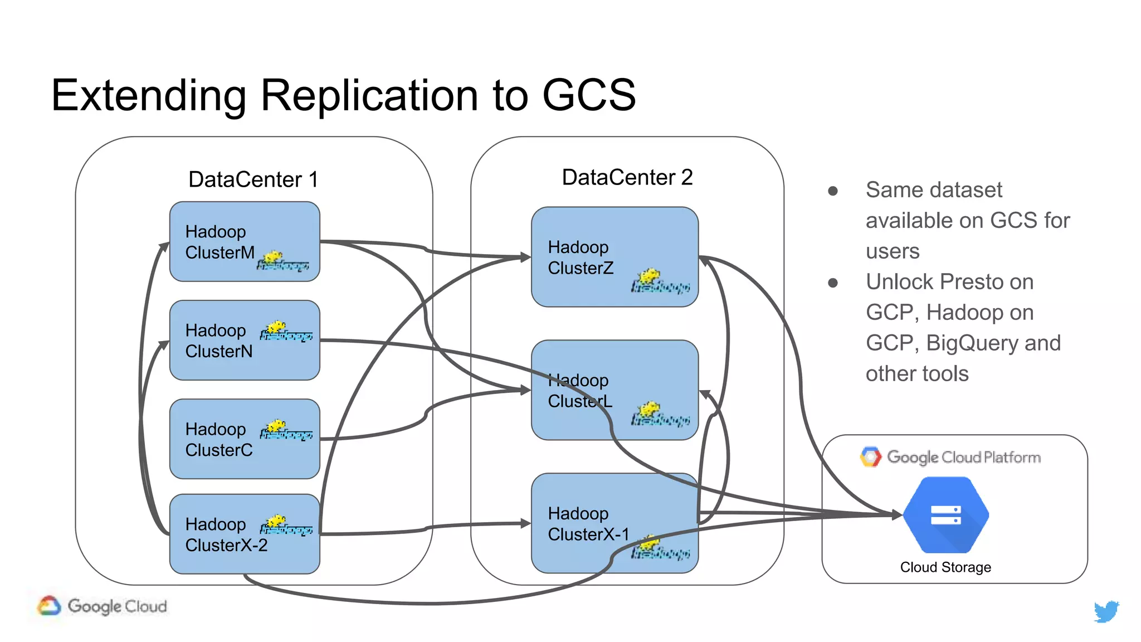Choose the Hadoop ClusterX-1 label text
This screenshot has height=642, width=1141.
click(588, 524)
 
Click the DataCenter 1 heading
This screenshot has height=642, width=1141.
click(253, 179)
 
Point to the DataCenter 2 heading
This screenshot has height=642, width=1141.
click(627, 177)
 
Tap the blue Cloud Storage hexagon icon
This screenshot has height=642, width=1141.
click(945, 515)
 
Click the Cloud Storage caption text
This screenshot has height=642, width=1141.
click(945, 567)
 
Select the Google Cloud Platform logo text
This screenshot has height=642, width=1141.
click(963, 457)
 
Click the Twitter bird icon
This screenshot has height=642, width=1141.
click(1106, 611)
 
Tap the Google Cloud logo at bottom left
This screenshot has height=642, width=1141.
click(103, 606)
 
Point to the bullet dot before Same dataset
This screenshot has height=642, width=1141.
click(833, 191)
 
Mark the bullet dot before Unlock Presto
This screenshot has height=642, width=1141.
click(833, 283)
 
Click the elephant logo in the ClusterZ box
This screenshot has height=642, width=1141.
click(660, 281)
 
